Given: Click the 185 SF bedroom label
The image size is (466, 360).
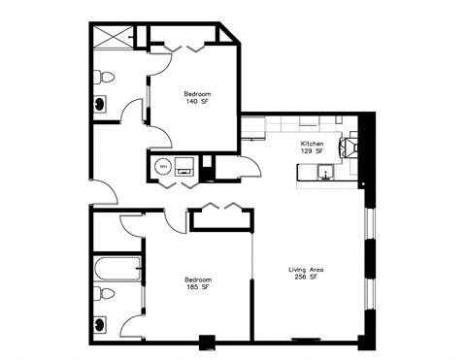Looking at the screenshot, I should click(x=197, y=283).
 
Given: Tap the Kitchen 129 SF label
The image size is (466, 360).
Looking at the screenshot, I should click(x=312, y=147).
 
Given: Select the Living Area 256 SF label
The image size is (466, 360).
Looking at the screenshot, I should click(x=306, y=273).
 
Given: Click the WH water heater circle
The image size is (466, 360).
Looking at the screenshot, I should click(x=163, y=166).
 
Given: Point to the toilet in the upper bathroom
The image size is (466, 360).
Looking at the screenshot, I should click(x=108, y=75).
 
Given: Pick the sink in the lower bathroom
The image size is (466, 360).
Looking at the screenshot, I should click(x=100, y=324).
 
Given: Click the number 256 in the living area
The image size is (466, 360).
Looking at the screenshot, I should click(x=300, y=278).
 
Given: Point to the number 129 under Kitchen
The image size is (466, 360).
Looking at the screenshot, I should click(x=305, y=151).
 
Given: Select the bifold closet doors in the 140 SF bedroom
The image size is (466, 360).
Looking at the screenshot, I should click(x=183, y=47).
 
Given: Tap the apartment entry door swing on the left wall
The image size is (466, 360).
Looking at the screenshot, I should click(x=103, y=192).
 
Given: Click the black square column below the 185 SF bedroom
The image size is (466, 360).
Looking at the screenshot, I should click(x=206, y=342).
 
